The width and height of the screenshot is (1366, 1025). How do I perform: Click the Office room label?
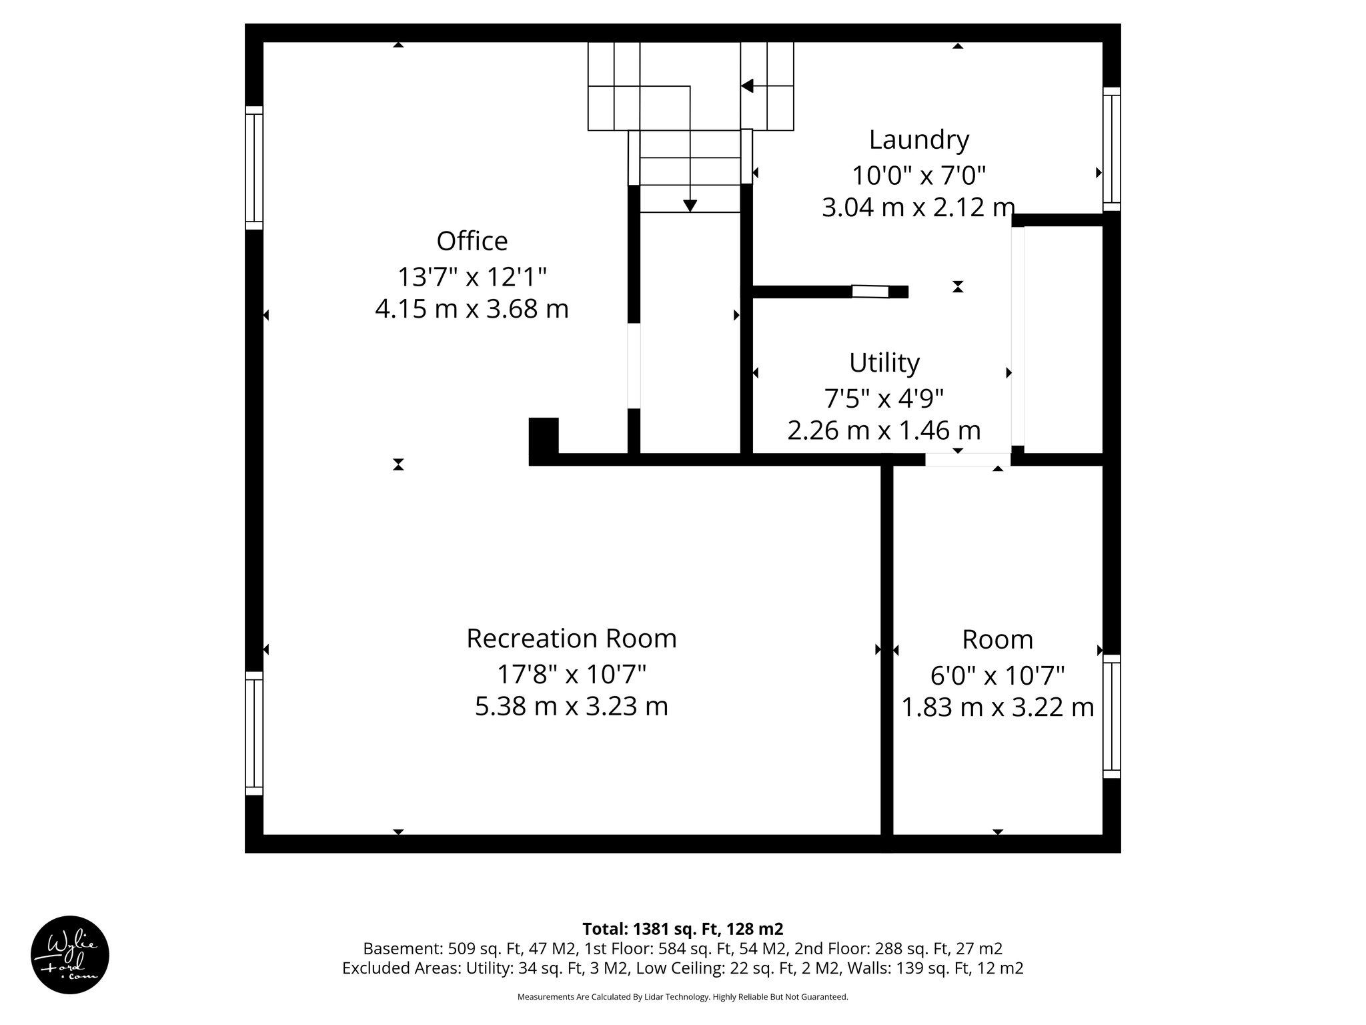(x=472, y=241)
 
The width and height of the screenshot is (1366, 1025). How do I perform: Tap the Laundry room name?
(x=918, y=139)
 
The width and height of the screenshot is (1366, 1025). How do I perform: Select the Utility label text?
(x=884, y=363)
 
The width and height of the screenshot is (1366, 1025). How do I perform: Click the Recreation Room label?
(x=571, y=639)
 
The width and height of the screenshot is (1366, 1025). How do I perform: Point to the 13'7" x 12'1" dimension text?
(x=472, y=276)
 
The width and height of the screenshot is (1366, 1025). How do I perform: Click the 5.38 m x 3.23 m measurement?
(x=571, y=706)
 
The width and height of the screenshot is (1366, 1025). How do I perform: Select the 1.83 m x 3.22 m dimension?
(x=997, y=707)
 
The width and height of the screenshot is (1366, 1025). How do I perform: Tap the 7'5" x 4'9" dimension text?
(x=884, y=398)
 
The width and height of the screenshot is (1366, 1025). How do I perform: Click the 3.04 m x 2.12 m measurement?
(x=918, y=208)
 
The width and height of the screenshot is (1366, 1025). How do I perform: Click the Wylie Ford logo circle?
(x=70, y=955)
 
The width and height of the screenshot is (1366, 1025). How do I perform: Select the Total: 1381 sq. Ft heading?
(x=682, y=929)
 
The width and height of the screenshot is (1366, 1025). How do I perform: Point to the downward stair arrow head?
(x=690, y=206)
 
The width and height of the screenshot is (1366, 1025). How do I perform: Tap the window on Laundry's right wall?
(x=1111, y=149)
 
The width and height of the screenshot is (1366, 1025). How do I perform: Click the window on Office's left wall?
(x=254, y=167)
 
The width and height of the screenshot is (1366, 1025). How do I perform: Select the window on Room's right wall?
(x=1111, y=716)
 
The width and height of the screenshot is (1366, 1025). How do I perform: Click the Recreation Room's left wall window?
(x=254, y=733)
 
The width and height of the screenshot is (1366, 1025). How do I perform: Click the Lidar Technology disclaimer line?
(x=682, y=997)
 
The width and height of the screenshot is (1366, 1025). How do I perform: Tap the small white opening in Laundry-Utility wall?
(x=870, y=292)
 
